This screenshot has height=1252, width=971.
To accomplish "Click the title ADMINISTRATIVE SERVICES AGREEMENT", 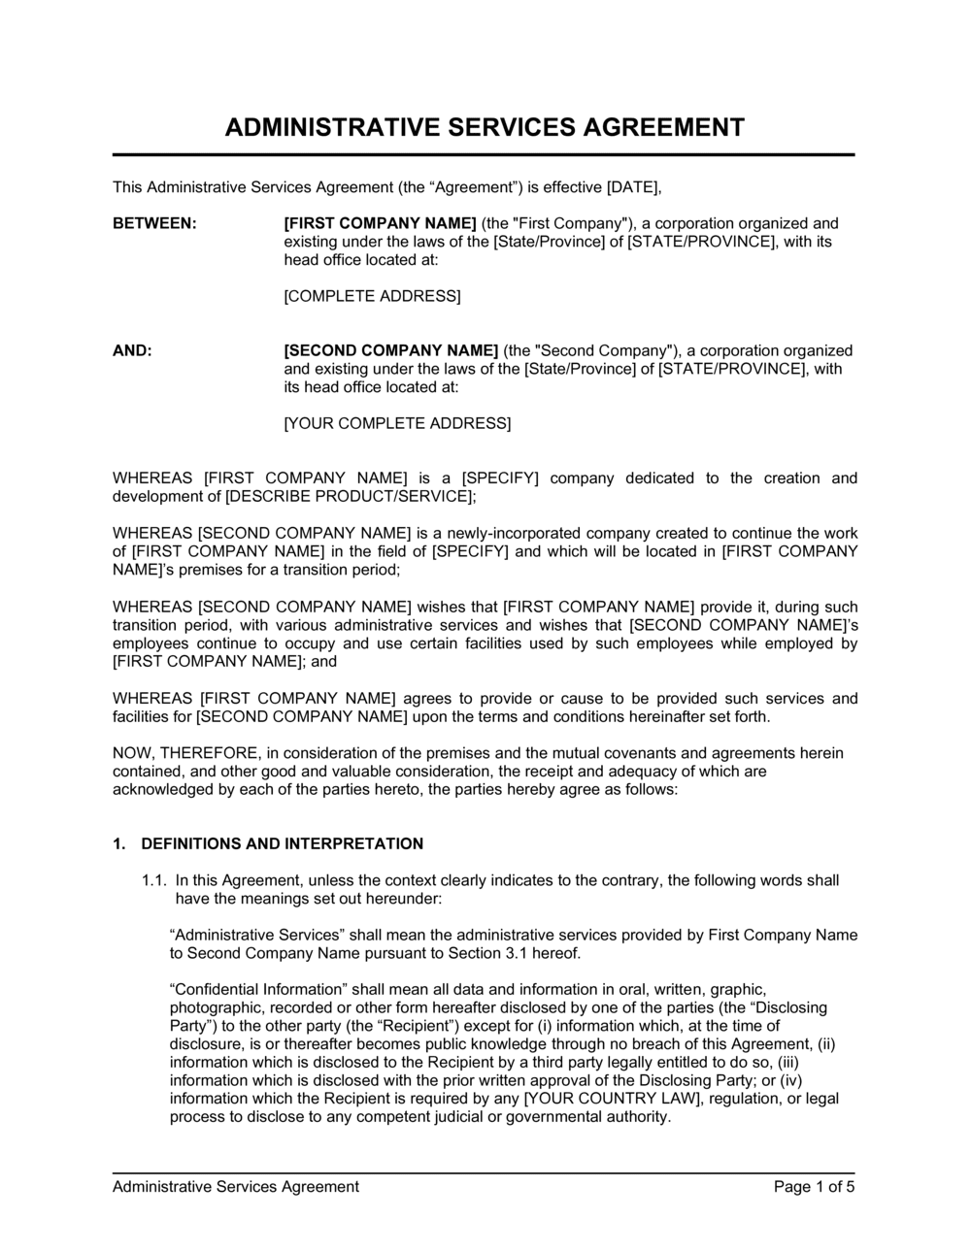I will point(485,127).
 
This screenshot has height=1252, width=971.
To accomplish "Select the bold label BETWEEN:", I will point(154,223).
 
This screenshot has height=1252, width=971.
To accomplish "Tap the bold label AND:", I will point(132,350).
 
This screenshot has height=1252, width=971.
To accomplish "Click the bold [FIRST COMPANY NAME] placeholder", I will point(380,223).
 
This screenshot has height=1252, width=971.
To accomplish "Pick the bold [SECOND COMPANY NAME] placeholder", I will point(391,350).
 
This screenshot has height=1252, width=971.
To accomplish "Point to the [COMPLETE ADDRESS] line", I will point(372,296).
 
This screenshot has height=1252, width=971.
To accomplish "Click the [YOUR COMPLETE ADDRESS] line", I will point(396,423).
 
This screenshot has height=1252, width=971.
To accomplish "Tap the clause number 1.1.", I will point(154,880).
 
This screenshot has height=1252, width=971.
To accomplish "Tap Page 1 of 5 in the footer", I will point(814,1186).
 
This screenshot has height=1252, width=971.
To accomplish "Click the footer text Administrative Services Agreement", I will point(236,1186).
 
